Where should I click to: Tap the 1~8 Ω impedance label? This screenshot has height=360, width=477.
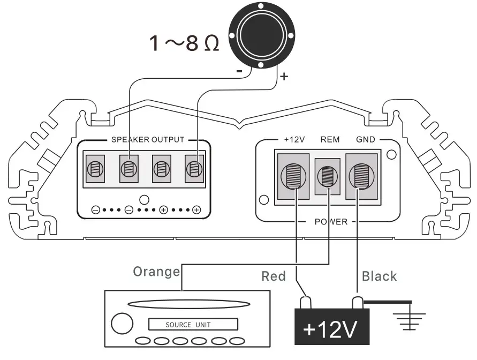tap(184, 43)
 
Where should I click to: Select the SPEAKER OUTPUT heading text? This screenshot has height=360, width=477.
tap(148, 140)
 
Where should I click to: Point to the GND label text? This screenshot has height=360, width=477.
tap(365, 140)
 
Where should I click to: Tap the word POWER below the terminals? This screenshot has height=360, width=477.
tap(331, 222)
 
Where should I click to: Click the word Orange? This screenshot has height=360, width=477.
tap(156, 272)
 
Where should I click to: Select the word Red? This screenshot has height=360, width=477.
tap(274, 276)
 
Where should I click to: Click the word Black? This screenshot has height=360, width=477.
tap(379, 276)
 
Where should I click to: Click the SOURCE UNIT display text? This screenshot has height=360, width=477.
tap(188, 325)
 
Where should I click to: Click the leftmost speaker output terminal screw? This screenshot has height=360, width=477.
tap(95, 169)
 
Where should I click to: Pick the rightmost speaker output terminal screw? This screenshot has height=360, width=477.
tap(194, 169)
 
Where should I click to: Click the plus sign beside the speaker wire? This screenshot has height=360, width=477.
tap(284, 77)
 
